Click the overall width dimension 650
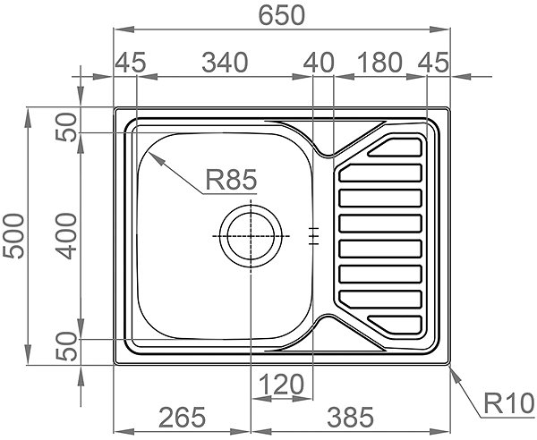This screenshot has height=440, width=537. tap(281, 15)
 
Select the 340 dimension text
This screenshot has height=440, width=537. tap(225, 63)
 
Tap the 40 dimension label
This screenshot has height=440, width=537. tap(319, 63)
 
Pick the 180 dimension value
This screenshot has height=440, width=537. tap(379, 63)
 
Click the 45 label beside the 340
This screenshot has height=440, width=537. tap(130, 63)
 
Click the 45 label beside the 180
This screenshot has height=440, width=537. tap(433, 63)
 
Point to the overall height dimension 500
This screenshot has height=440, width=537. tap(13, 236)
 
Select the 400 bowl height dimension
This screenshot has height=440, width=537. tap(66, 236)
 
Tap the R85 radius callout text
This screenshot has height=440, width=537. tap(231, 180)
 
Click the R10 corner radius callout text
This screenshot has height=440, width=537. tap(509, 403)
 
